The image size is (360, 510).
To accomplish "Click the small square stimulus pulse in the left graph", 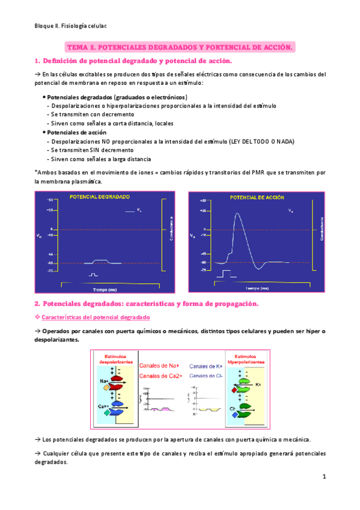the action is click(x=93, y=274).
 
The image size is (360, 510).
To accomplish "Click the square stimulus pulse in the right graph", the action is click(x=226, y=274).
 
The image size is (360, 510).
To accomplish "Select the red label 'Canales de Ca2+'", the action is click(x=160, y=375).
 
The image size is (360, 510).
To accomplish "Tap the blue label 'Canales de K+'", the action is click(x=206, y=365).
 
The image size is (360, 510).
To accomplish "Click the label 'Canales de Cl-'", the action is click(x=206, y=375).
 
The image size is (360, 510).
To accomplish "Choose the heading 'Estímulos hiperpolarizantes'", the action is click(x=248, y=360).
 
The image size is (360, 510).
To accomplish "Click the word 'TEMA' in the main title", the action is click(x=76, y=46).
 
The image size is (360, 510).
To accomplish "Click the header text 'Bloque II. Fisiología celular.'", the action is click(x=70, y=26).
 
